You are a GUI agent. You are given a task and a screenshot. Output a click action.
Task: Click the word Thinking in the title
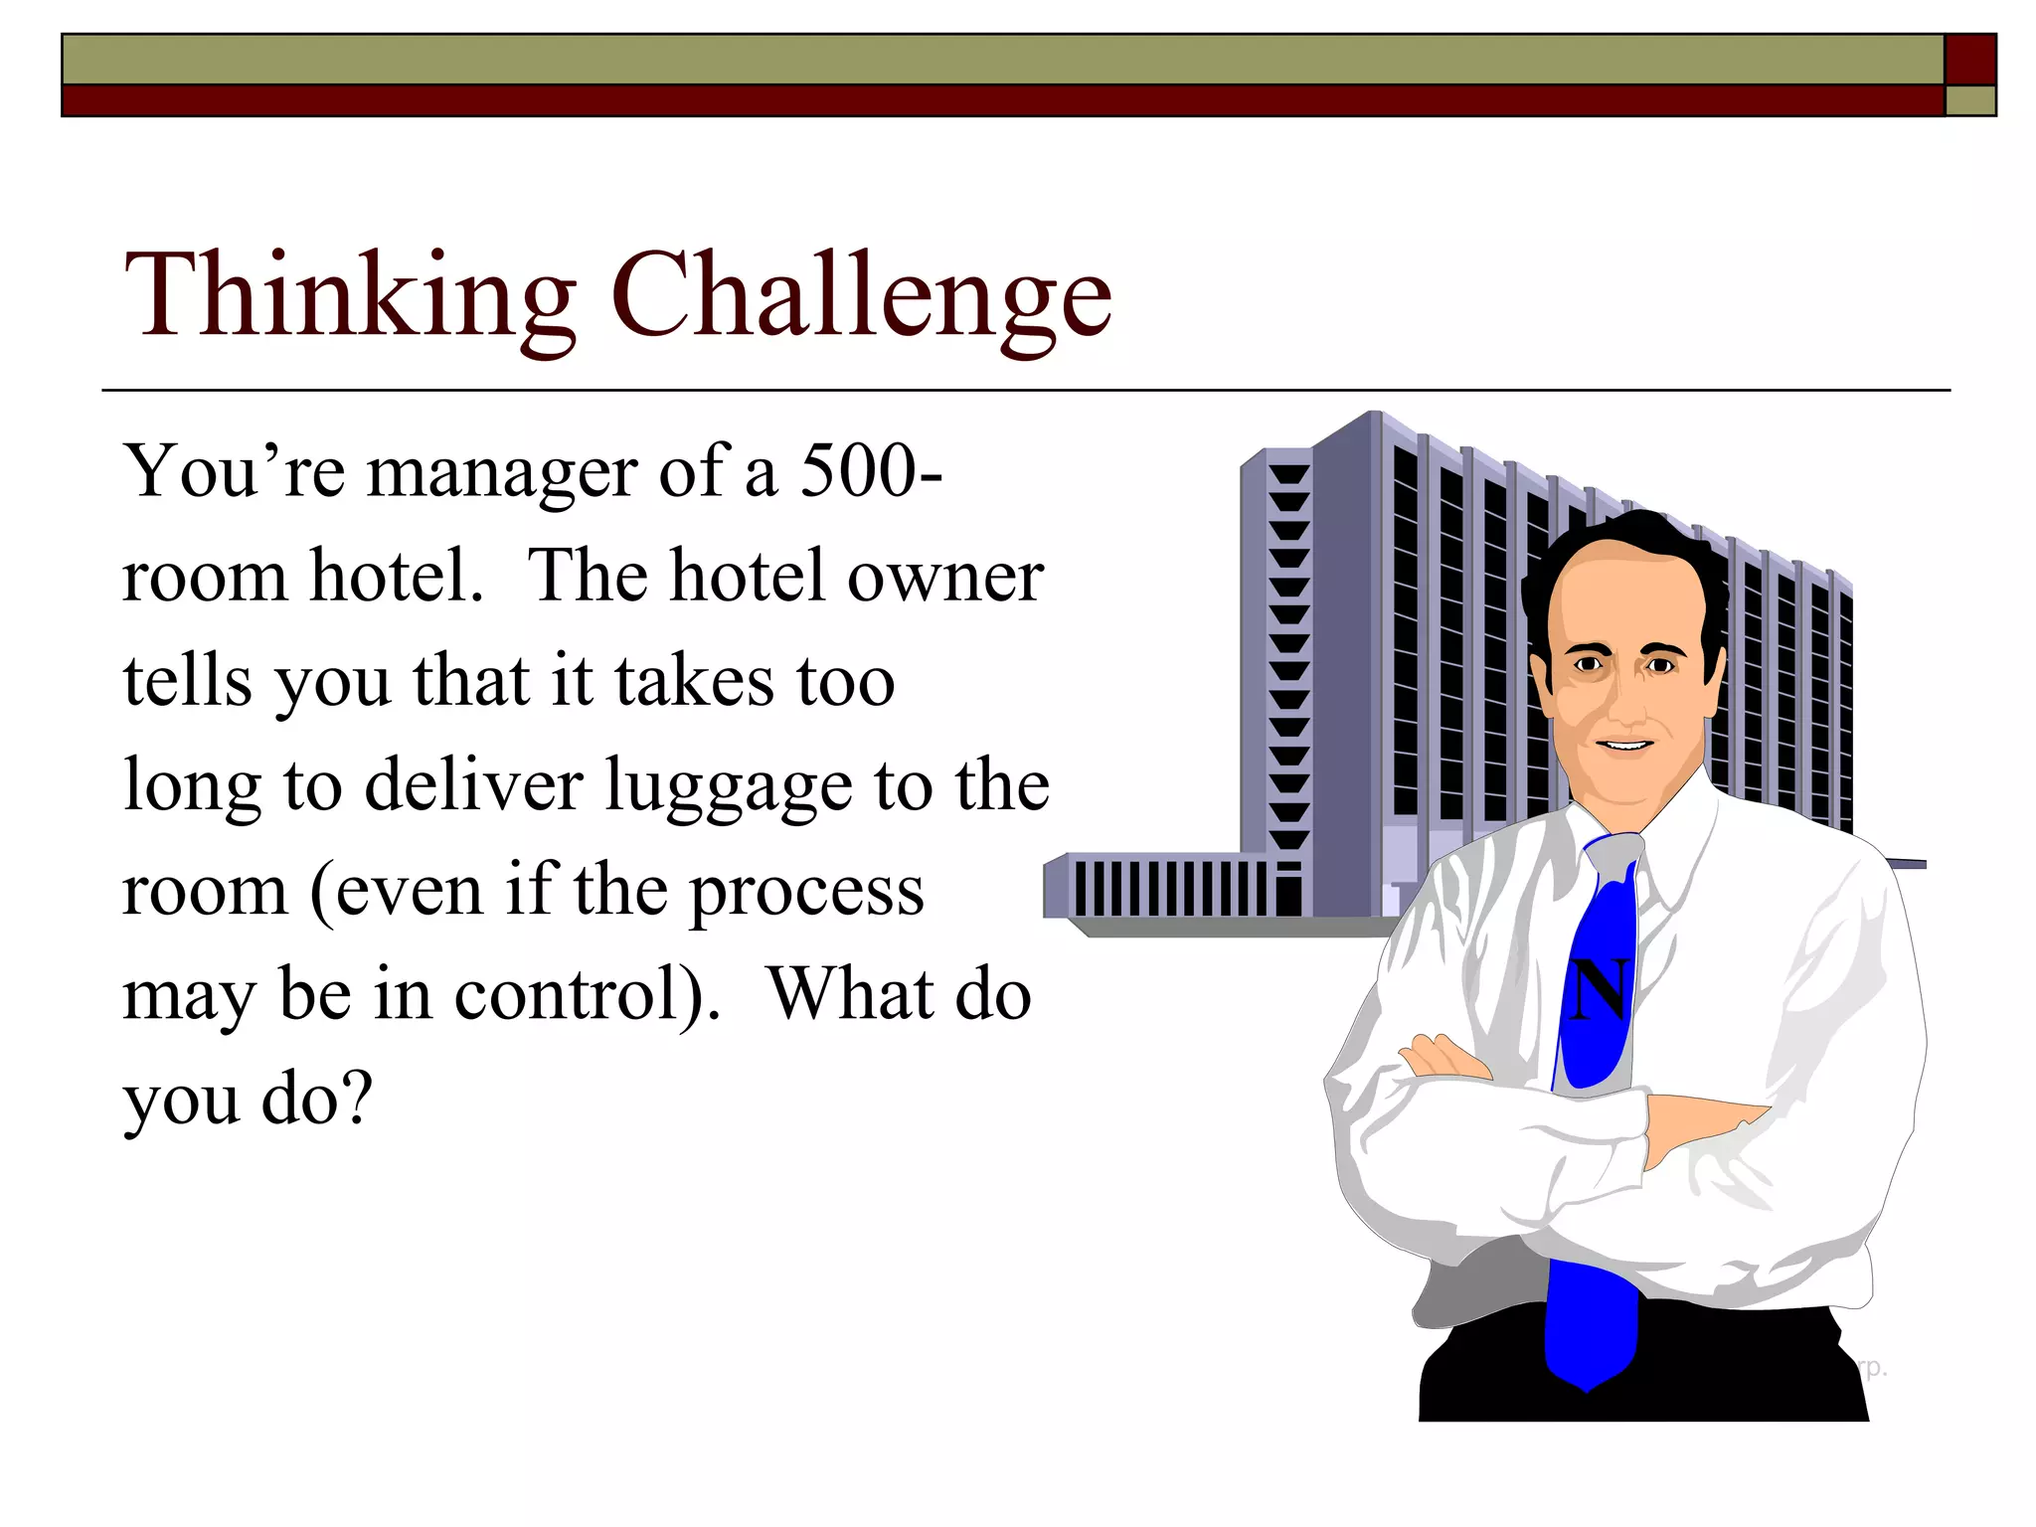click(349, 296)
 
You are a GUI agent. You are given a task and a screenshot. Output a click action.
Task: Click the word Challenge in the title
click(861, 296)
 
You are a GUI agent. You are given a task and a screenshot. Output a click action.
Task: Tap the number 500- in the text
click(871, 470)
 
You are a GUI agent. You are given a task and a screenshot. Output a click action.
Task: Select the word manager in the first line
click(501, 473)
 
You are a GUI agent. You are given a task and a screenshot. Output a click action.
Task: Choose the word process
click(806, 892)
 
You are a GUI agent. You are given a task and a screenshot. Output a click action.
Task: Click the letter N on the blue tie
click(1600, 989)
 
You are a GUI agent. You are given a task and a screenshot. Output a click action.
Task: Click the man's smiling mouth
click(1624, 745)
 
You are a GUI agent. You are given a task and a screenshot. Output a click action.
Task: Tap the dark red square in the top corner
click(1969, 60)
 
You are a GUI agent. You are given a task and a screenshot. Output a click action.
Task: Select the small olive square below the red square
click(1969, 100)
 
